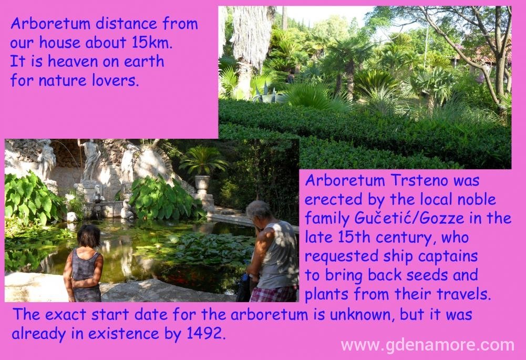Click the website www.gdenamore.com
pyautogui.click(x=427, y=345)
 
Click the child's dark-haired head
pyautogui.click(x=88, y=236)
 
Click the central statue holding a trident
pyautogui.click(x=90, y=160)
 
